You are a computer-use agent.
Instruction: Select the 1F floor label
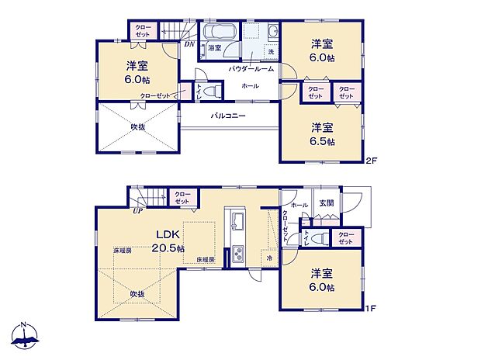pyautogui.click(x=372, y=309)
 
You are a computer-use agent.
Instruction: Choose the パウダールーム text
pyautogui.click(x=250, y=69)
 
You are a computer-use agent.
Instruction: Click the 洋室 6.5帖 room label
pyautogui.click(x=323, y=133)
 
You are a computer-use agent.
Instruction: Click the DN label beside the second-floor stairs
pyautogui.click(x=189, y=44)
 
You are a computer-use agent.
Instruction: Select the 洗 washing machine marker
pyautogui.click(x=270, y=51)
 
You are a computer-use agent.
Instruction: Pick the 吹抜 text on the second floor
pyautogui.click(x=138, y=126)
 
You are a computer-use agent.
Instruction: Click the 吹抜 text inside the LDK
pyautogui.click(x=137, y=294)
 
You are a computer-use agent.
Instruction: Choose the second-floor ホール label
pyautogui.click(x=250, y=85)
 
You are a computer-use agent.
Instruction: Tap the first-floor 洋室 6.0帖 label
pyautogui.click(x=323, y=280)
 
